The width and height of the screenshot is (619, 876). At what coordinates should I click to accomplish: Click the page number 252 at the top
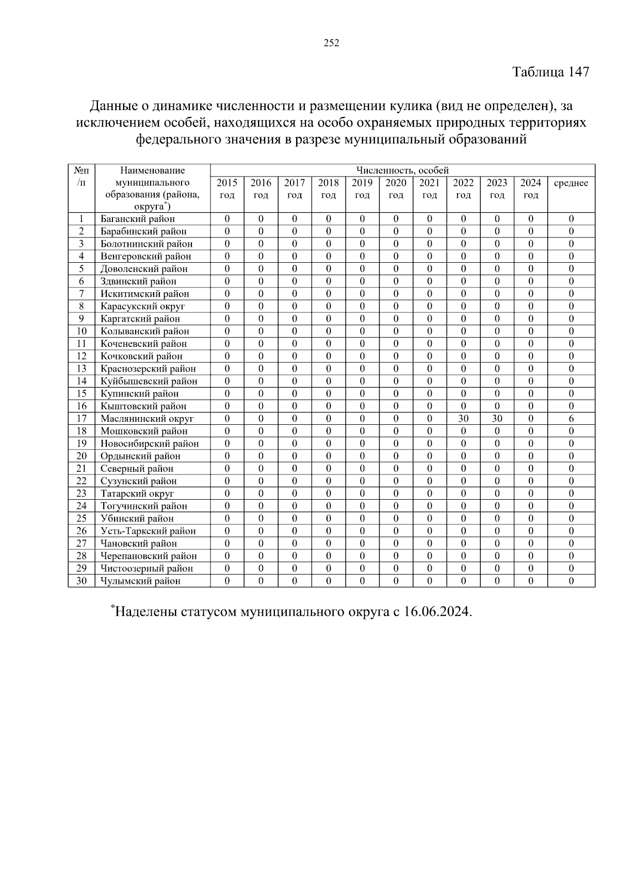click(x=331, y=43)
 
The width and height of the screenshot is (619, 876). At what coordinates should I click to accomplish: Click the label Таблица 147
click(x=550, y=72)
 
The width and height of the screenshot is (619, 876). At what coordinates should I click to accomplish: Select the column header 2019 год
click(x=362, y=189)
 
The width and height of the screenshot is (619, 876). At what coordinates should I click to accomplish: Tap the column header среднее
click(x=571, y=183)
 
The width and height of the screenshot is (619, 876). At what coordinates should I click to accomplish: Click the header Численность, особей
click(x=402, y=170)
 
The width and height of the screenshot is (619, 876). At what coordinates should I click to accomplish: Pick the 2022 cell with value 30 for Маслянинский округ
click(x=463, y=419)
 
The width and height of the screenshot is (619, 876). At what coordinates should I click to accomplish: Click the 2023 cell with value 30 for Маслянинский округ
click(x=497, y=419)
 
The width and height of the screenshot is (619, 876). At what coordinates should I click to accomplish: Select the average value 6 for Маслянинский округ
click(x=571, y=419)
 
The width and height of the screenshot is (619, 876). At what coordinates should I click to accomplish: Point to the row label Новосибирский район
click(x=150, y=443)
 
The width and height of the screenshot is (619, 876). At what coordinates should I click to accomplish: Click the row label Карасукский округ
click(x=142, y=306)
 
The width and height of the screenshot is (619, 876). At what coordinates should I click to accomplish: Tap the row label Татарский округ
click(x=137, y=493)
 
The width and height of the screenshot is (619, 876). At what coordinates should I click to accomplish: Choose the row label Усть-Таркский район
click(x=148, y=531)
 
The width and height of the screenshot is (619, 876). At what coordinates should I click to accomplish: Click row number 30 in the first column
click(x=82, y=581)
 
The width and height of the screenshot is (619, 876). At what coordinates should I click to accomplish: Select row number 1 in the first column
click(x=82, y=219)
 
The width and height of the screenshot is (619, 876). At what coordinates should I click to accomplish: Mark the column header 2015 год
click(x=227, y=189)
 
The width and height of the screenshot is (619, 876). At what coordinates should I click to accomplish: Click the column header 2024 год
click(x=530, y=189)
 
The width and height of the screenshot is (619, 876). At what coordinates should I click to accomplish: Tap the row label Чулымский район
click(x=140, y=581)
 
